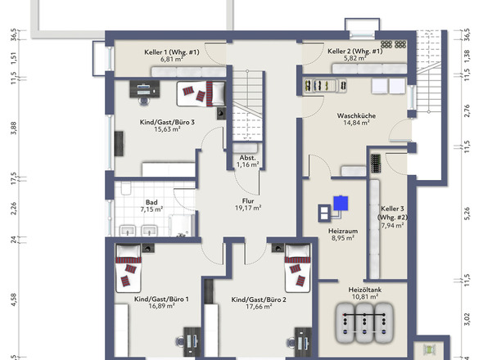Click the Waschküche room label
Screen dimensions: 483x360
[356, 116]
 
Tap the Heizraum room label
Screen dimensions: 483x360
[343, 231]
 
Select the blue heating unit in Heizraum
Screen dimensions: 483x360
[341, 203]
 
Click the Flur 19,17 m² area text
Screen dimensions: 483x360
[248, 208]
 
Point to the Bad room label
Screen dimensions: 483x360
[151, 202]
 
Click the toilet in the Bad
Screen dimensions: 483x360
[126, 188]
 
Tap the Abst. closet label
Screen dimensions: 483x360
[248, 158]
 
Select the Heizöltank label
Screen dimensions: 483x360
[365, 290]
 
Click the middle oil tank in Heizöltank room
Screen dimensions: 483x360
[365, 323]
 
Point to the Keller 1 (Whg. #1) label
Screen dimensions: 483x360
[172, 52]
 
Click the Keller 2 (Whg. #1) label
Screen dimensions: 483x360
[355, 51]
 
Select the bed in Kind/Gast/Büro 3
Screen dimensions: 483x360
[201, 93]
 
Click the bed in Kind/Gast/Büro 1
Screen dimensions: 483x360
[129, 268]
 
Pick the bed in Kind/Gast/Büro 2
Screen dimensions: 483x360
[297, 268]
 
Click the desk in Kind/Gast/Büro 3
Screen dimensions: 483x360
[145, 89]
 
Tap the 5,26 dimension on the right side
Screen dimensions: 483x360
[467, 214]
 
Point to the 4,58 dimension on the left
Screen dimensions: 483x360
[14, 299]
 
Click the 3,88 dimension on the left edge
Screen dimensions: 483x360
[14, 128]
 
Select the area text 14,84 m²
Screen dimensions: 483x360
[356, 123]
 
